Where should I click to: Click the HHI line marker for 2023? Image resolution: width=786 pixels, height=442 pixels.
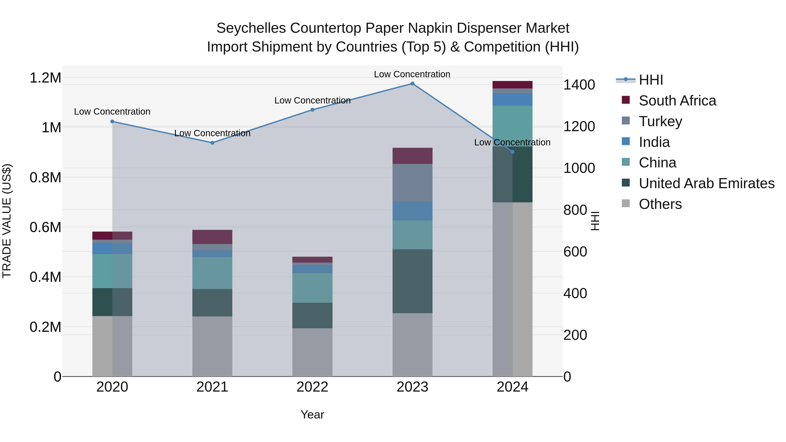(412, 84)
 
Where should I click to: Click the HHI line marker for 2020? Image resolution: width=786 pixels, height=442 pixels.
(112, 121)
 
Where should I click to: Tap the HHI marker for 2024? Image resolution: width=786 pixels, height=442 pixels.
(512, 152)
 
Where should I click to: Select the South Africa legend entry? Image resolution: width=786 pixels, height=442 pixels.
(677, 101)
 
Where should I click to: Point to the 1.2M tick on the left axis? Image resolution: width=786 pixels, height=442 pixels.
(45, 78)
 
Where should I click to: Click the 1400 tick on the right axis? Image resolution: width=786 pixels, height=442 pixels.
(579, 85)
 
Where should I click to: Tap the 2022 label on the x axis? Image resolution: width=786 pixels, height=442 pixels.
(312, 387)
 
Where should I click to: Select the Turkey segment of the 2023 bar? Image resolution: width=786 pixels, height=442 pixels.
(412, 182)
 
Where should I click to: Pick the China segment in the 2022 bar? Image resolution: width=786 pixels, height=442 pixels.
(312, 288)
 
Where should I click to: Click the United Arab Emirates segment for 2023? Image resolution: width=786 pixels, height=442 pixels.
(412, 281)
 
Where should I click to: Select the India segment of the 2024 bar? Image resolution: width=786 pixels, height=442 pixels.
(512, 100)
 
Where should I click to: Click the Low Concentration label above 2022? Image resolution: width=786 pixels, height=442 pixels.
(312, 100)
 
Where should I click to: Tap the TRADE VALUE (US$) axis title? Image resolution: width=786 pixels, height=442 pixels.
(7, 221)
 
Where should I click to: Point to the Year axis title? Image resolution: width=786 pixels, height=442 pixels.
(312, 414)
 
